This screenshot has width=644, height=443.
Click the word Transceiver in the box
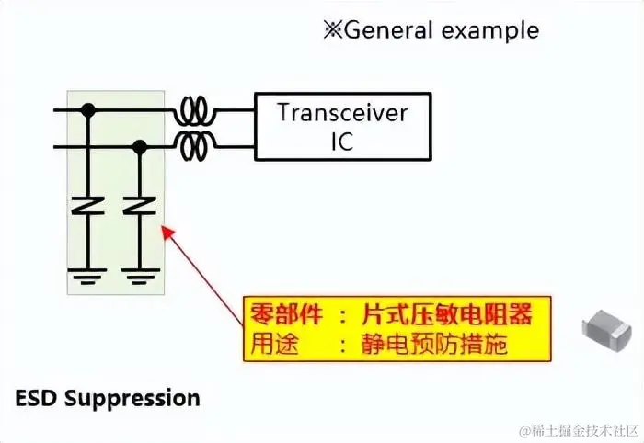(342, 114)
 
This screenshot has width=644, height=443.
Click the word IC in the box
(341, 142)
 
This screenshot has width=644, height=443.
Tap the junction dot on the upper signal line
(88, 110)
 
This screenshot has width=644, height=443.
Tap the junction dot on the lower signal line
(140, 145)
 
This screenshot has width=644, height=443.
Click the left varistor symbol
(88, 206)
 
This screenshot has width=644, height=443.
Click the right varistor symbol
(140, 206)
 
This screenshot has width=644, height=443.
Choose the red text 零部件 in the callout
(286, 314)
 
